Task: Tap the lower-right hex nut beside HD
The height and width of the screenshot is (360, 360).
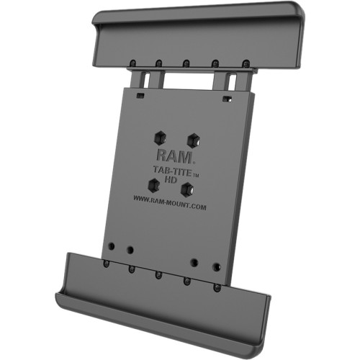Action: tap(187, 189)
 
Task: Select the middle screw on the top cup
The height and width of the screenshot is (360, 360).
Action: tap(186, 63)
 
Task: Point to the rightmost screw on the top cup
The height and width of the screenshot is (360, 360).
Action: tap(246, 64)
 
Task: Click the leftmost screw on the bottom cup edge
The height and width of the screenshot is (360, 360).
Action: tap(105, 263)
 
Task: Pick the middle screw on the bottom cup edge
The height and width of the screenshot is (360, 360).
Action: tap(158, 274)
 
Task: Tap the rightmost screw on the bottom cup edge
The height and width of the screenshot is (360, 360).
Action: tap(217, 287)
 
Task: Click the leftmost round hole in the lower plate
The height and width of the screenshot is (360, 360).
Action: tap(109, 246)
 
